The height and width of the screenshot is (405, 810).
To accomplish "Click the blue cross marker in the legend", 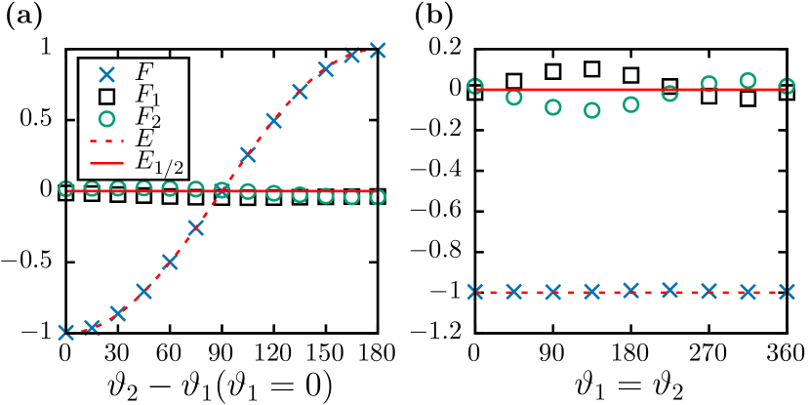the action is click(x=106, y=73).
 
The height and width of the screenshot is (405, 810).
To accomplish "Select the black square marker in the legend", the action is click(x=106, y=97).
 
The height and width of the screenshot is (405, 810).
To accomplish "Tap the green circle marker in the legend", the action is click(x=106, y=119).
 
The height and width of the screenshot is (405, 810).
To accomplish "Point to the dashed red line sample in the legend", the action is click(x=106, y=142).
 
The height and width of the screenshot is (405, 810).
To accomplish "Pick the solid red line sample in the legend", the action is click(x=106, y=162).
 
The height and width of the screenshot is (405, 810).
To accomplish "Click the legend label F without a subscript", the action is click(x=144, y=72).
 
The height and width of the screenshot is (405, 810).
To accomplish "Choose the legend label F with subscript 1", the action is click(x=147, y=96).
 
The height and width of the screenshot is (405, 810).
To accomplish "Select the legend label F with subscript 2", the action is click(x=147, y=119).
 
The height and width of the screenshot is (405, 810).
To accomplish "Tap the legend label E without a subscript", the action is click(x=144, y=141).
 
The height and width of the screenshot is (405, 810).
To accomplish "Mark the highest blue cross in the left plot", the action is click(x=378, y=50).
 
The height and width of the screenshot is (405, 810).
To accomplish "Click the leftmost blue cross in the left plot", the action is click(x=65, y=333).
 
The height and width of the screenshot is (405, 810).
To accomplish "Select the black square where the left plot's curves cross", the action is click(x=222, y=190).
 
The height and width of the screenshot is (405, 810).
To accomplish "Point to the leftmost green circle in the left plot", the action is click(x=65, y=188).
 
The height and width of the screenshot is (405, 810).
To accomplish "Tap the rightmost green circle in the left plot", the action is click(x=378, y=197).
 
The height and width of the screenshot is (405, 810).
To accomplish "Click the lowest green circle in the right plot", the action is click(x=591, y=110).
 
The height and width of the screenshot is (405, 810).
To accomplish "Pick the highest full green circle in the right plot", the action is click(x=748, y=80).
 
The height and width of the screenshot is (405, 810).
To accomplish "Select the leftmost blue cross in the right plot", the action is click(x=475, y=291).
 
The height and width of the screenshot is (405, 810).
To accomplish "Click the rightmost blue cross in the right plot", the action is click(x=787, y=291).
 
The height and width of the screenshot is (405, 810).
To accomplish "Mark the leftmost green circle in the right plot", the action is click(x=475, y=86).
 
